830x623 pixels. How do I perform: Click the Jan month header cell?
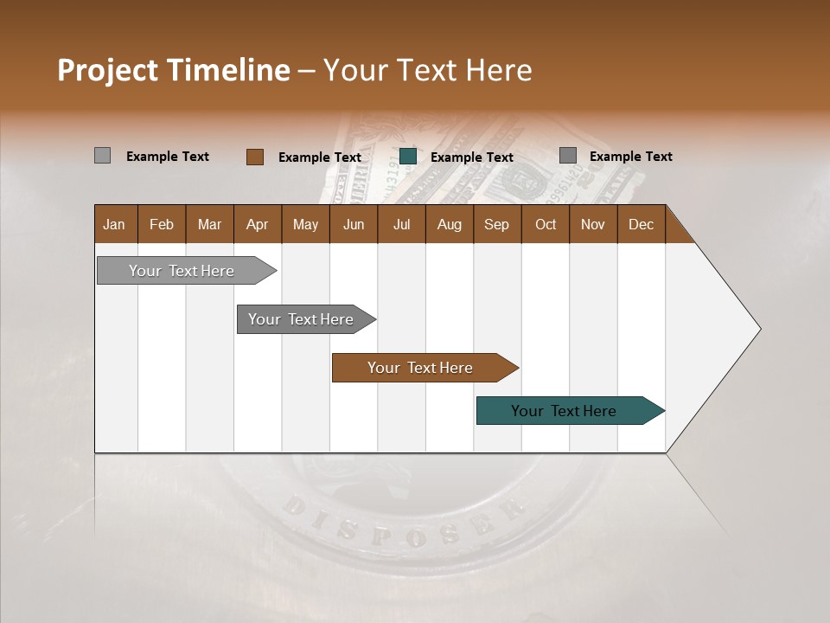pyautogui.click(x=114, y=224)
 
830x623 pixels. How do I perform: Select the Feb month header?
pyautogui.click(x=162, y=224)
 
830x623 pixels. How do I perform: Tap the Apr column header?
pyautogui.click(x=257, y=224)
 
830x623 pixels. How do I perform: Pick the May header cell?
pyautogui.click(x=305, y=224)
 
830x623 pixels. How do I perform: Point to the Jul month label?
pyautogui.click(x=401, y=224)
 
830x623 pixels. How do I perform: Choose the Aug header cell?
pyautogui.click(x=449, y=224)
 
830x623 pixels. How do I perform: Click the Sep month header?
pyautogui.click(x=496, y=224)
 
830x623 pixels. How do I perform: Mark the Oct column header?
pyautogui.click(x=546, y=224)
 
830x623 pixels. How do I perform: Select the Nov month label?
pyautogui.click(x=593, y=224)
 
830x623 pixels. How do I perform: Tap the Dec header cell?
pyautogui.click(x=641, y=224)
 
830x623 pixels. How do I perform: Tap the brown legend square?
pyautogui.click(x=254, y=157)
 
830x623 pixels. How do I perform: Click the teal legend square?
pyautogui.click(x=408, y=157)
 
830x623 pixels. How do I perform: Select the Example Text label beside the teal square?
pyautogui.click(x=472, y=157)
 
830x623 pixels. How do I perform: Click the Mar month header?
pyautogui.click(x=209, y=224)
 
